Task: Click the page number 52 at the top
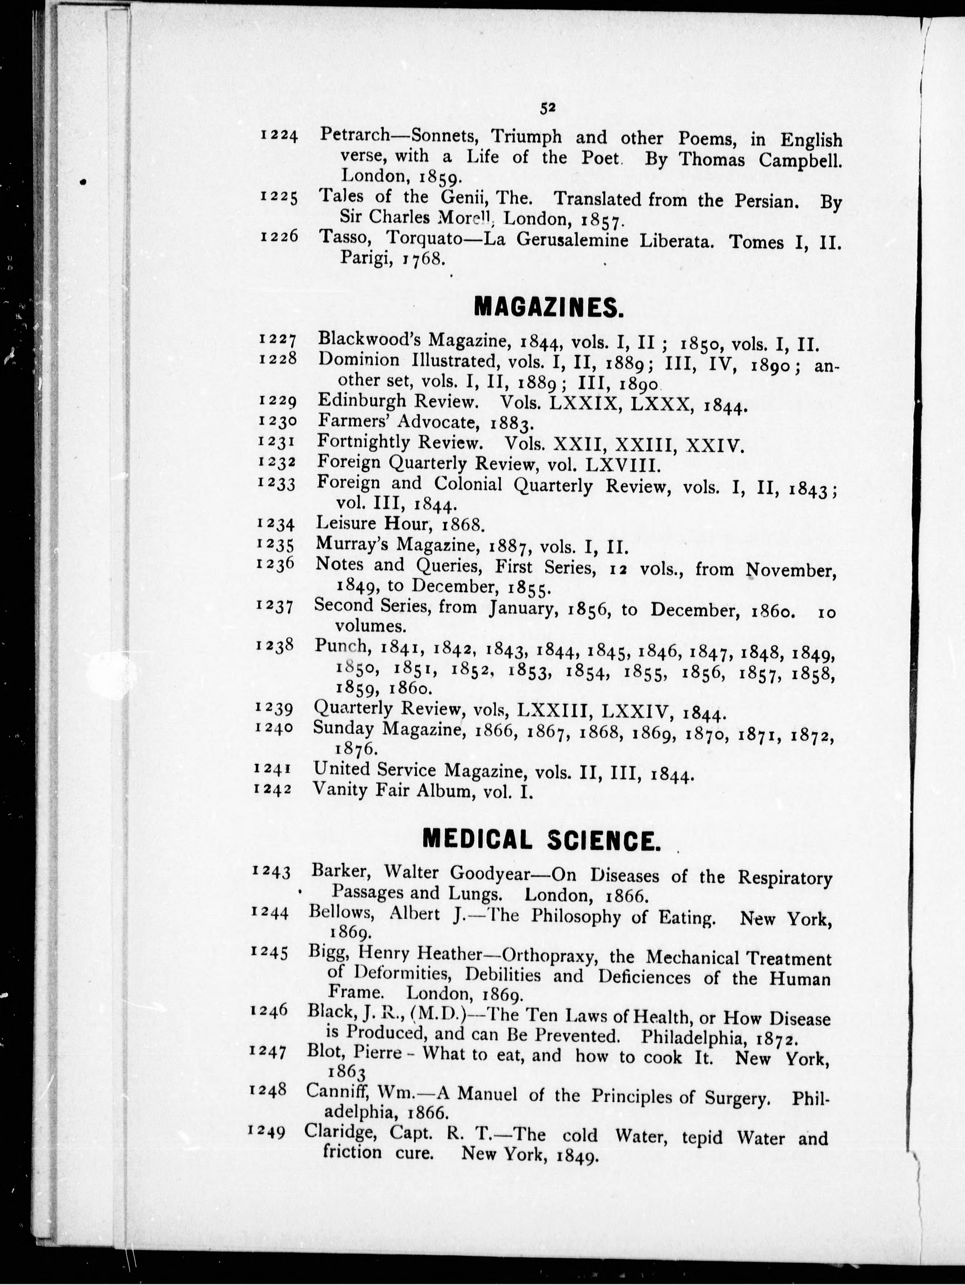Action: click(x=548, y=108)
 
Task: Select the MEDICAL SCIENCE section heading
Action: click(x=541, y=840)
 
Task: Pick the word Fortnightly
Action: click(x=363, y=443)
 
